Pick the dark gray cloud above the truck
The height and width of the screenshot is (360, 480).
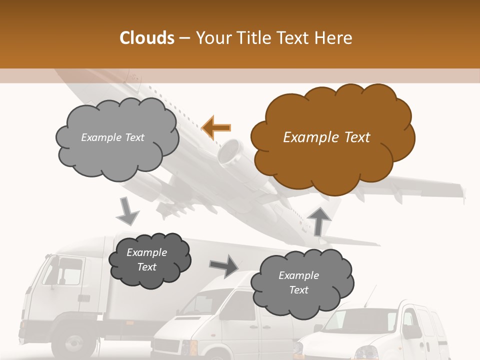click(x=148, y=259)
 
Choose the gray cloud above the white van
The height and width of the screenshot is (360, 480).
click(x=300, y=282)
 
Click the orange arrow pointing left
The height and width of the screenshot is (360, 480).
click(x=216, y=127)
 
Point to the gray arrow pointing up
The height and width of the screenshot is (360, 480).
click(x=320, y=220)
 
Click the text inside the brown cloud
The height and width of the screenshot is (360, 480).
click(x=326, y=137)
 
